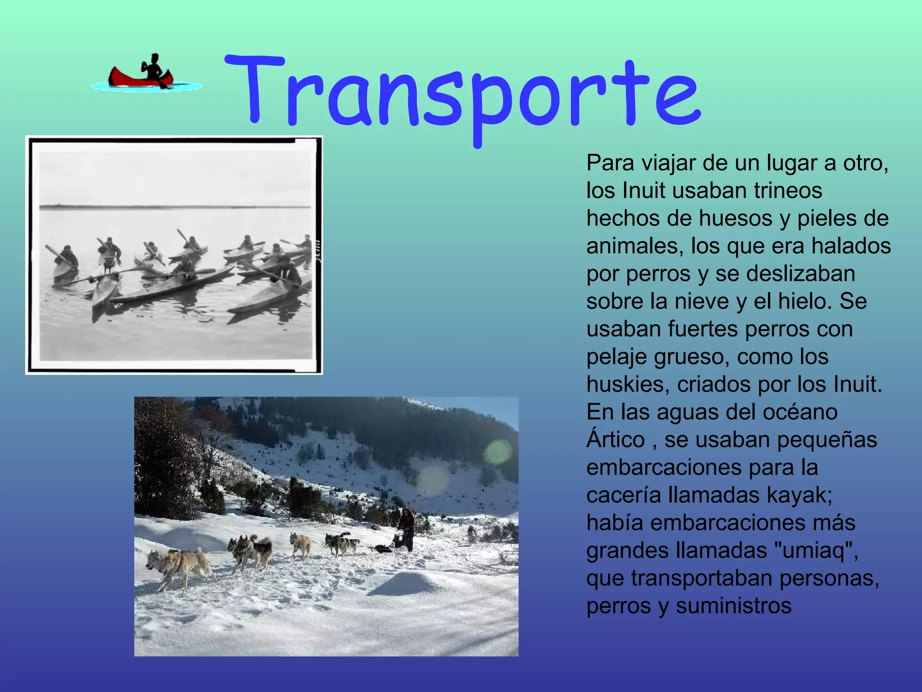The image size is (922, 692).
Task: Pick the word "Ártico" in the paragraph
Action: click(x=615, y=440)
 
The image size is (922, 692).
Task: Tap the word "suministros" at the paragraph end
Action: click(x=733, y=606)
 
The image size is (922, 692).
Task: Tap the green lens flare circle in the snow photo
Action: click(x=497, y=452)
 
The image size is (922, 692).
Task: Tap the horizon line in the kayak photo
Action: click(x=176, y=207)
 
